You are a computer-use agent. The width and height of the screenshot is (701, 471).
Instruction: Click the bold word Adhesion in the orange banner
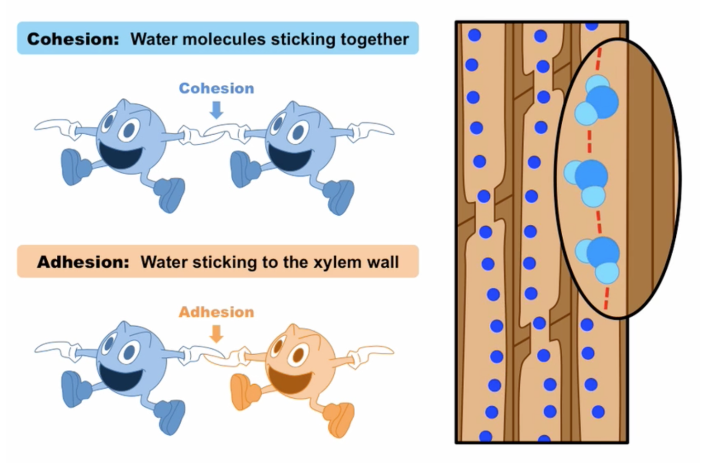(83, 262)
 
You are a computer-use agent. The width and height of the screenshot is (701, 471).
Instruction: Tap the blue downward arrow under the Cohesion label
(216, 109)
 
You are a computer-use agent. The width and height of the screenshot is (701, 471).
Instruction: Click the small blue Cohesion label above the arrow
(217, 88)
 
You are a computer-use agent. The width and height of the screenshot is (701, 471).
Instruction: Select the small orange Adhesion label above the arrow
(216, 312)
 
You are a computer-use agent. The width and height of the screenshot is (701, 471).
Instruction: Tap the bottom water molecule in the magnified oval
(599, 257)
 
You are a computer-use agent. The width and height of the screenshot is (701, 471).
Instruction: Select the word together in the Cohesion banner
(373, 38)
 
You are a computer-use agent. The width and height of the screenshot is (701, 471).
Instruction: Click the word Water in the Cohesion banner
(149, 38)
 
